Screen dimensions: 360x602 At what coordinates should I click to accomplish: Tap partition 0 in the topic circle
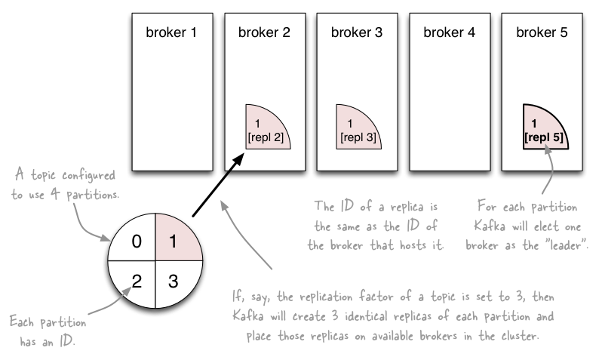[137, 242]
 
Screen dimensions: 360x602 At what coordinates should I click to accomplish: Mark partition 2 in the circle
[137, 282]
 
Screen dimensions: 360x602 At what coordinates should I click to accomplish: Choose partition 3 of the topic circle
[173, 282]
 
